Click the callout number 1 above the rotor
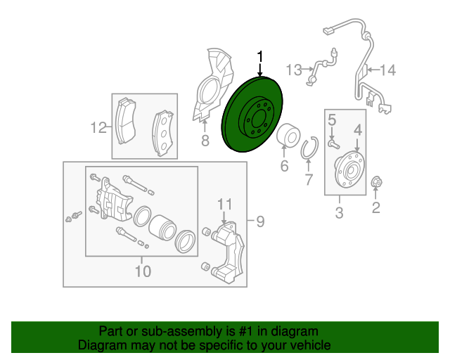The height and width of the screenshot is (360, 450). point(261,56)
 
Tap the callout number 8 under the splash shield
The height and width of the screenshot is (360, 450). point(205,141)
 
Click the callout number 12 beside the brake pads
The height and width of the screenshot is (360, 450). point(97,127)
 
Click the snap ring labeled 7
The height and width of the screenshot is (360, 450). point(310,150)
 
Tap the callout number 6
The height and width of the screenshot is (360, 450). point(284,167)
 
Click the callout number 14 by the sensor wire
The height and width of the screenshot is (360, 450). point(387,70)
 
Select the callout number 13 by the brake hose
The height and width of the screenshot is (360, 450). point(294,70)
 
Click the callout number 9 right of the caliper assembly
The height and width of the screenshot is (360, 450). point(259,222)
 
